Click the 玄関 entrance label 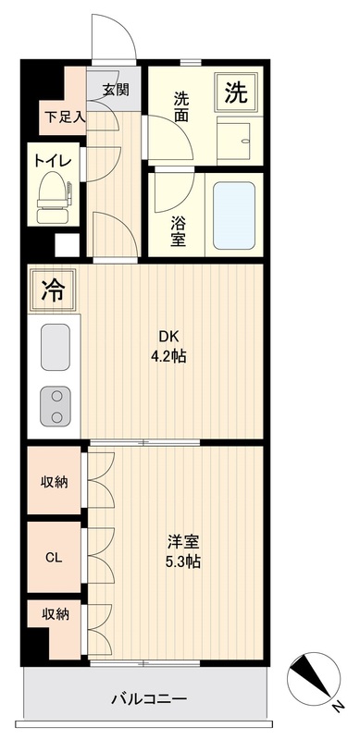point(116,89)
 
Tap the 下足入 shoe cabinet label point(65,117)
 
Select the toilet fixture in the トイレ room point(54,197)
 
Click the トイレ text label point(52,160)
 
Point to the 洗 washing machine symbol point(236,92)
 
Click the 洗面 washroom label point(181,107)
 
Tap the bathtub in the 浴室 point(234,216)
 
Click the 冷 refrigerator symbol point(53,290)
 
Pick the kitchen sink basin point(56,347)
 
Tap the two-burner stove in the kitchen point(56,406)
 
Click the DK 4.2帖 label point(168,346)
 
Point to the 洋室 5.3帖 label point(183,550)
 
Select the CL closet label point(54,558)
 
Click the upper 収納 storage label point(54,482)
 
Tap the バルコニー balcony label point(149,698)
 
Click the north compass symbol point(314,679)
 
